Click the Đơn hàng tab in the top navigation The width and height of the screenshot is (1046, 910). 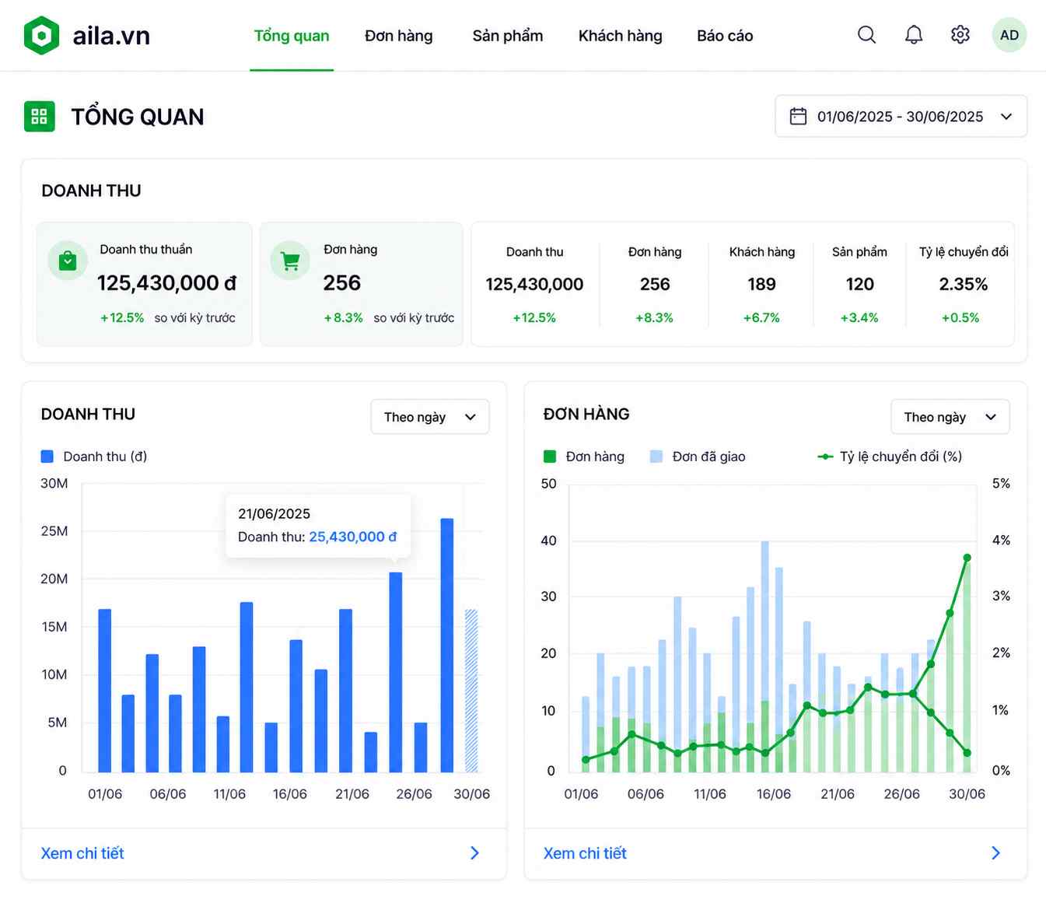click(x=398, y=36)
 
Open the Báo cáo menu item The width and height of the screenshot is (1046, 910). click(x=725, y=36)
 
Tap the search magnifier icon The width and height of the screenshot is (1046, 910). click(x=866, y=35)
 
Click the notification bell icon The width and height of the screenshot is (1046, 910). click(x=914, y=35)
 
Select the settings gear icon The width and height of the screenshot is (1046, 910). click(x=960, y=35)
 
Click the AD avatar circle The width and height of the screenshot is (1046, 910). click(x=1009, y=35)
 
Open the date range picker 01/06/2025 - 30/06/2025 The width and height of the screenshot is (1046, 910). click(x=901, y=116)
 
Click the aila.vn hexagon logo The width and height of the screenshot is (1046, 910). click(x=41, y=35)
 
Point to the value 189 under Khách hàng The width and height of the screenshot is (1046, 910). click(x=761, y=284)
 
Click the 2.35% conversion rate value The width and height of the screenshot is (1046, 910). click(x=964, y=284)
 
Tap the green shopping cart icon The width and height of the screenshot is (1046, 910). click(x=290, y=261)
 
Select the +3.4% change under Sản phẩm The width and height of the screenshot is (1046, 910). click(x=859, y=317)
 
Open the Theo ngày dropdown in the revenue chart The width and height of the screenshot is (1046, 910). click(x=429, y=417)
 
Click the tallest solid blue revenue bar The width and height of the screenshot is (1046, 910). click(x=447, y=646)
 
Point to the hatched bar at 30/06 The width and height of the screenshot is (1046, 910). click(x=471, y=691)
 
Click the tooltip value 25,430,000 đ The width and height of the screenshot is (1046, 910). click(x=353, y=537)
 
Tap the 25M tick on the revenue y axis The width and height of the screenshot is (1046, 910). click(x=54, y=531)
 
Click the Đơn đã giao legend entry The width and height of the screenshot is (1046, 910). click(x=698, y=457)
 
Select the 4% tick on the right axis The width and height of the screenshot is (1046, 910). click(x=1001, y=540)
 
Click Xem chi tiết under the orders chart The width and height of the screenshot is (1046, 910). click(x=585, y=853)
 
